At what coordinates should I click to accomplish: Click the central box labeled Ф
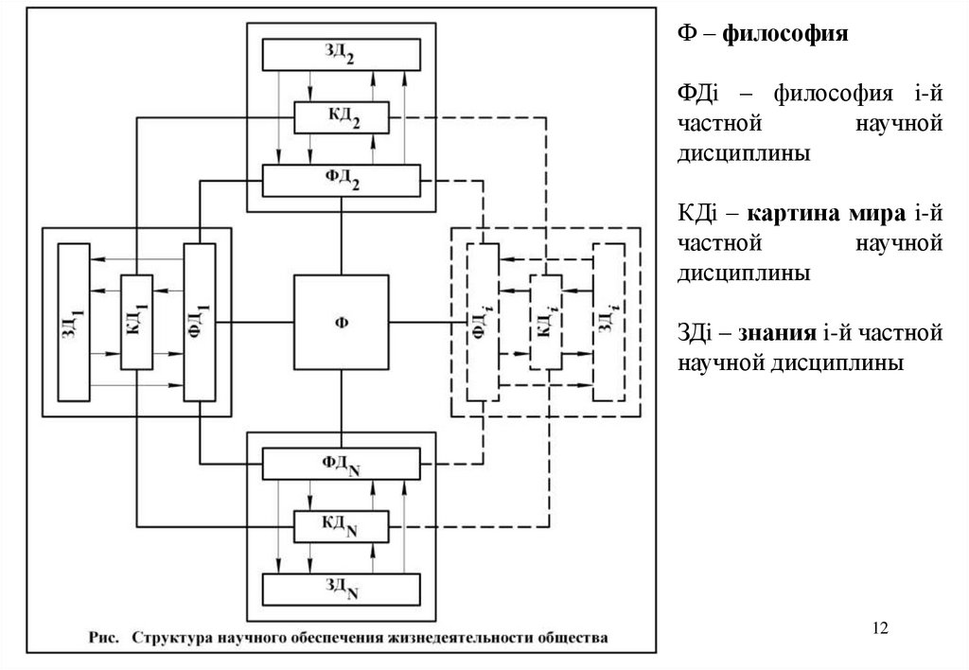coord(341,323)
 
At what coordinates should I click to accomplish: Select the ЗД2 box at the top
coord(341,54)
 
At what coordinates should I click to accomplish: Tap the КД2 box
coord(341,117)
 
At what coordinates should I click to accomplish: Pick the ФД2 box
coord(341,180)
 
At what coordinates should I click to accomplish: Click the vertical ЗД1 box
coord(74,322)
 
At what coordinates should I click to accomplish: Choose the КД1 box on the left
coord(136,322)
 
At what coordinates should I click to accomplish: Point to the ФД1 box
coord(200,322)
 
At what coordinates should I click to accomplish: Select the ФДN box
coord(341,464)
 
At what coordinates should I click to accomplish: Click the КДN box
coord(341,526)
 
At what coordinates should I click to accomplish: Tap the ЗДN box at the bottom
coord(341,590)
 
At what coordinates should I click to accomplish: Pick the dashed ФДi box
coord(482,322)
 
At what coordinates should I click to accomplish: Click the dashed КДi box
coord(545,322)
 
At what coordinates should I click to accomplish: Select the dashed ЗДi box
coord(608,322)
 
